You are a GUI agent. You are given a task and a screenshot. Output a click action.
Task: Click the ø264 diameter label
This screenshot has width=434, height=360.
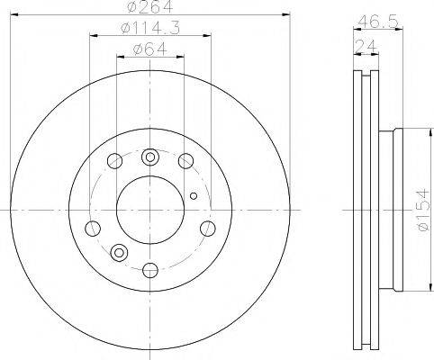(x=150, y=6)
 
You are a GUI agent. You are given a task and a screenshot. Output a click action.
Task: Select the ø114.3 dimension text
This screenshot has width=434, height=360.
(x=150, y=29)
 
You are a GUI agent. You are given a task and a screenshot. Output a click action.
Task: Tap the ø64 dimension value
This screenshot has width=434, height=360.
(x=149, y=49)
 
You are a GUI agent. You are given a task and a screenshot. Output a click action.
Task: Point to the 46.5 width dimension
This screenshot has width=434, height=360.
(x=378, y=22)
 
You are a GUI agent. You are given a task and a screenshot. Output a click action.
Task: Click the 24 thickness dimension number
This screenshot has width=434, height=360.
(x=366, y=47)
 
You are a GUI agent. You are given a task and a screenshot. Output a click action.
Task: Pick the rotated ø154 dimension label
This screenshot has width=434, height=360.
(x=425, y=210)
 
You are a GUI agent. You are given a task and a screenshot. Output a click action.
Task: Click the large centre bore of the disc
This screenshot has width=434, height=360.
(x=150, y=210)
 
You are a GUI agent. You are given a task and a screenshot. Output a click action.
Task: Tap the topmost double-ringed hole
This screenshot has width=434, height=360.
(x=149, y=157)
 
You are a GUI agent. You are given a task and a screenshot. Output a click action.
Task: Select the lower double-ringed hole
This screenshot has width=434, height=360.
(x=119, y=252)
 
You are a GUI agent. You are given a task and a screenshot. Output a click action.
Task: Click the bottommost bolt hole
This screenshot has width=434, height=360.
(x=150, y=270)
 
